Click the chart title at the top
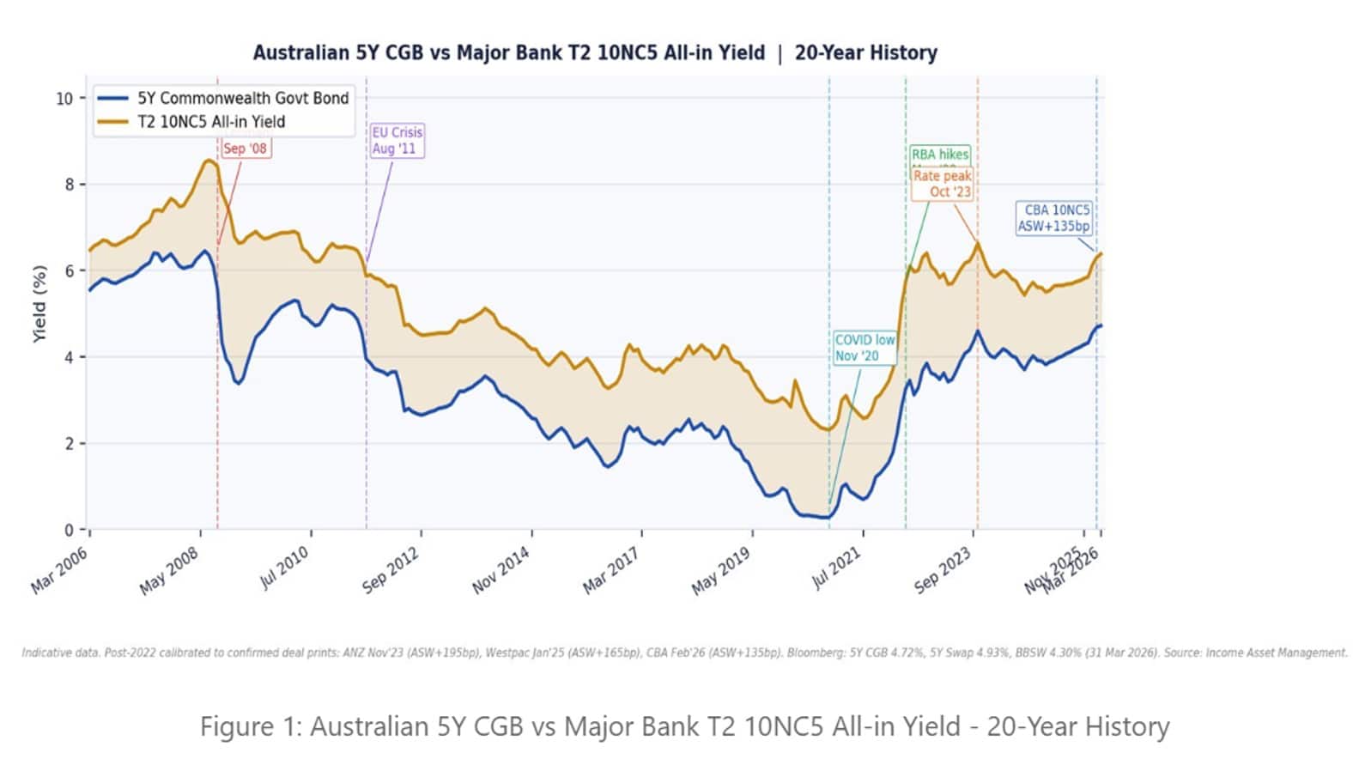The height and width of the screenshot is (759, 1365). click(594, 53)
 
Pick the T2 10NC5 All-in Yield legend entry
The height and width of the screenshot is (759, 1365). click(210, 122)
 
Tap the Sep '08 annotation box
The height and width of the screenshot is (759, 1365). click(245, 149)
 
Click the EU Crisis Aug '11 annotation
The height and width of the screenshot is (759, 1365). click(397, 141)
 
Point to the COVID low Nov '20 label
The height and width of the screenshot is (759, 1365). click(864, 348)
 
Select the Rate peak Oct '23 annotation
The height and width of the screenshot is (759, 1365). click(942, 184)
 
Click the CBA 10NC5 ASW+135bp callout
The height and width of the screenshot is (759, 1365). click(1054, 218)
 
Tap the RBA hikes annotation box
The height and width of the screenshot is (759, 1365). click(940, 155)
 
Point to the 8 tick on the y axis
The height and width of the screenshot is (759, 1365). click(70, 185)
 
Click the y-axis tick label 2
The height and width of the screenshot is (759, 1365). click(70, 444)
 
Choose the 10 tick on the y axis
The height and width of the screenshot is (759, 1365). click(65, 99)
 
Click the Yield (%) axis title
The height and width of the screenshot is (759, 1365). click(39, 304)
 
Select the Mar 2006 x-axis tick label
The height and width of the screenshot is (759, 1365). click(60, 570)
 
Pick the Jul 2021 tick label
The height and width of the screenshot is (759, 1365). click(836, 568)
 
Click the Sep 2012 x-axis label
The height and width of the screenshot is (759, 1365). click(391, 570)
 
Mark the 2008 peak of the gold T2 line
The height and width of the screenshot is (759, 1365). click(209, 161)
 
